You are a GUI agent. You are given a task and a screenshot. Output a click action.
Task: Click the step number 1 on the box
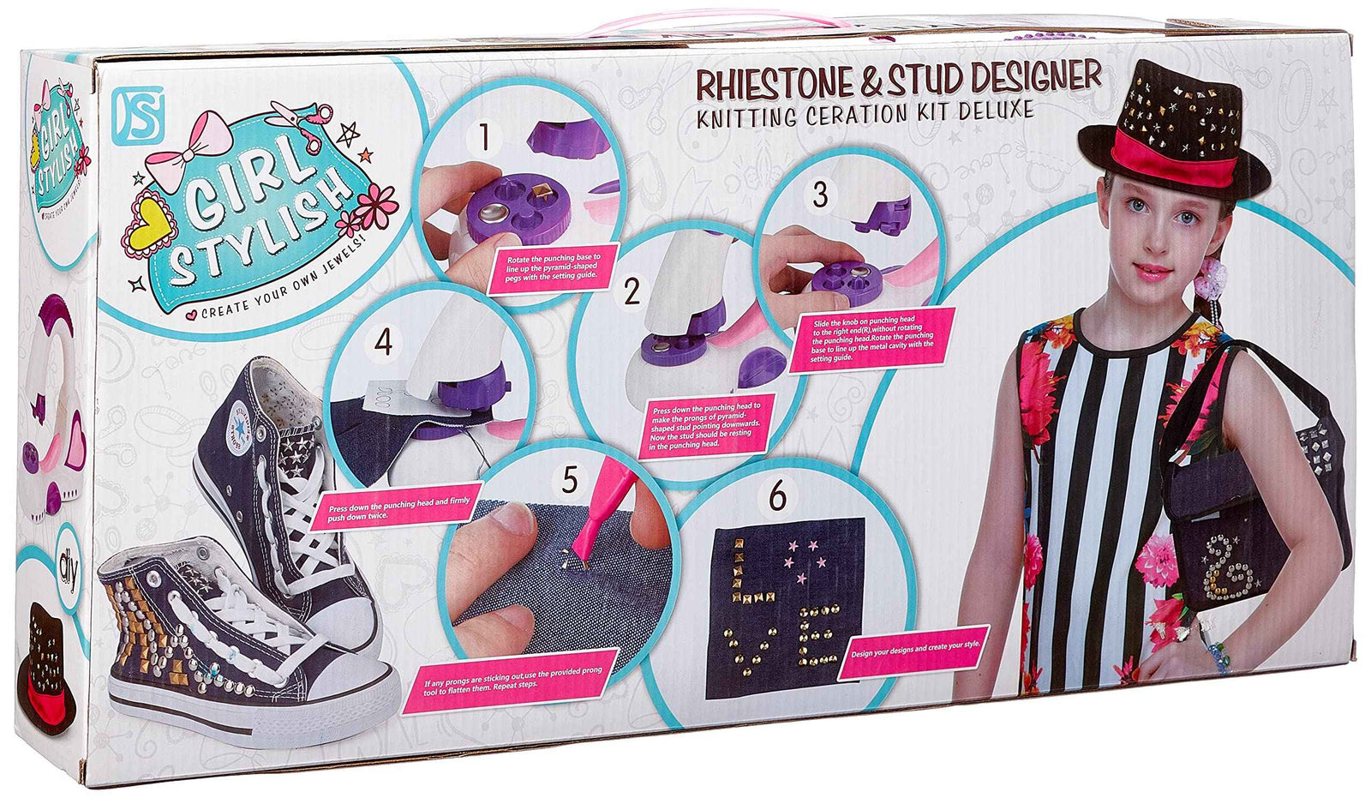pyautogui.click(x=485, y=136)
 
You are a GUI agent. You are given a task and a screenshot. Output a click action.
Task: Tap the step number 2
pyautogui.click(x=632, y=291)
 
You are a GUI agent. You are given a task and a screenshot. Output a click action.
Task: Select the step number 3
pyautogui.click(x=820, y=195)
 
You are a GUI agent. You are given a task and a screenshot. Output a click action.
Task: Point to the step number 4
pyautogui.click(x=383, y=342)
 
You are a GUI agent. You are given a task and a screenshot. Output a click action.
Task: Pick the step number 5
pyautogui.click(x=570, y=480)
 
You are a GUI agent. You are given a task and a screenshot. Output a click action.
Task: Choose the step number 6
pyautogui.click(x=777, y=495)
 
